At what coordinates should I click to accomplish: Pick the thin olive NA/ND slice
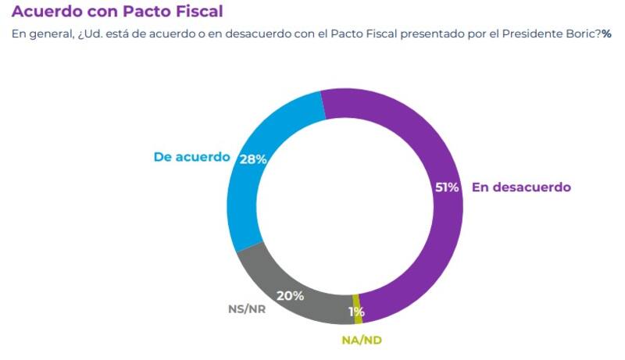point(358,309)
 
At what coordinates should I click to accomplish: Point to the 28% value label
point(253,159)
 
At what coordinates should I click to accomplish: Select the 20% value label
point(290,296)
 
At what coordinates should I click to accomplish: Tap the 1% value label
point(356,312)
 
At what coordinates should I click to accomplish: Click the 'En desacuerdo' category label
point(521,187)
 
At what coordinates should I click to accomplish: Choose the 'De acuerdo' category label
point(191,157)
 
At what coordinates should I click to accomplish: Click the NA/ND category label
point(362,340)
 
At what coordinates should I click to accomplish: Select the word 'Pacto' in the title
point(144,12)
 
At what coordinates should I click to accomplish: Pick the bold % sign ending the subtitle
point(606,34)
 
